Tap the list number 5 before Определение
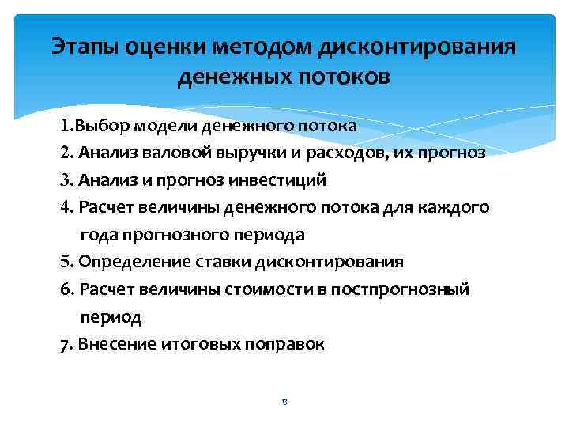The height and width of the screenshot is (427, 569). click(x=65, y=262)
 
